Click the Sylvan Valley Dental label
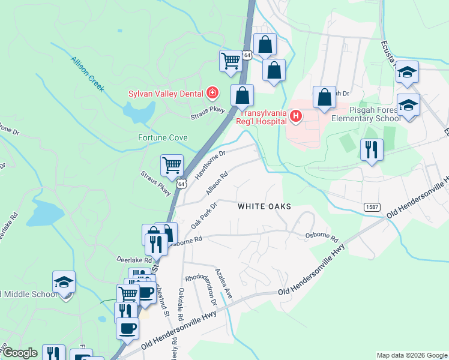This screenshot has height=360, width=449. (166, 93)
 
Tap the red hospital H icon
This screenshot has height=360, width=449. (295, 115)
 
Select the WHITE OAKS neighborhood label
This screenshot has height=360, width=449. (264, 206)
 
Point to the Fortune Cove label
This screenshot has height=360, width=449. (163, 137)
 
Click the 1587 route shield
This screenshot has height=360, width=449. (371, 206)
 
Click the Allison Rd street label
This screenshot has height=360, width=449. (217, 184)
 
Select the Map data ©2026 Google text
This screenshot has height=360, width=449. (412, 355)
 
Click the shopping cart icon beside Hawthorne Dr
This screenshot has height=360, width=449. (172, 164)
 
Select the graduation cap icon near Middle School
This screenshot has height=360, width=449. (64, 281)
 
